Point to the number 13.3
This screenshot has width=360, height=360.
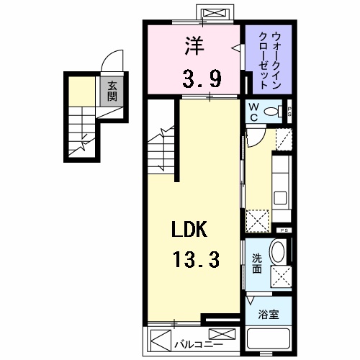click(x=193, y=257)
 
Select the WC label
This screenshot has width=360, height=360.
click(x=253, y=112)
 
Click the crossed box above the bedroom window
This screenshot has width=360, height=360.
click(x=213, y=14)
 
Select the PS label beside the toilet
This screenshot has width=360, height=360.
click(x=289, y=112)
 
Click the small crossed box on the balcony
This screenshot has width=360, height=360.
click(x=224, y=335)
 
